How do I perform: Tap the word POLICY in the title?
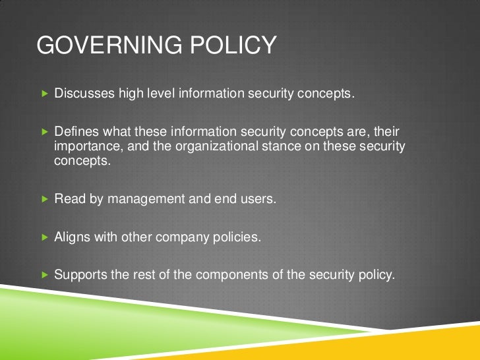(x=235, y=45)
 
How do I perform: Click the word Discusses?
(x=84, y=94)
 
